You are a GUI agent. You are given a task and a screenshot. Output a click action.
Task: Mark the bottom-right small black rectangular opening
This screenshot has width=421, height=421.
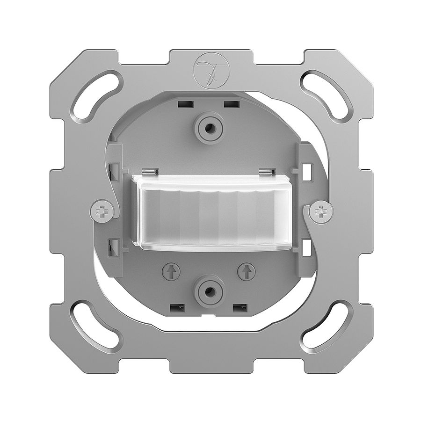click(x=240, y=308)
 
